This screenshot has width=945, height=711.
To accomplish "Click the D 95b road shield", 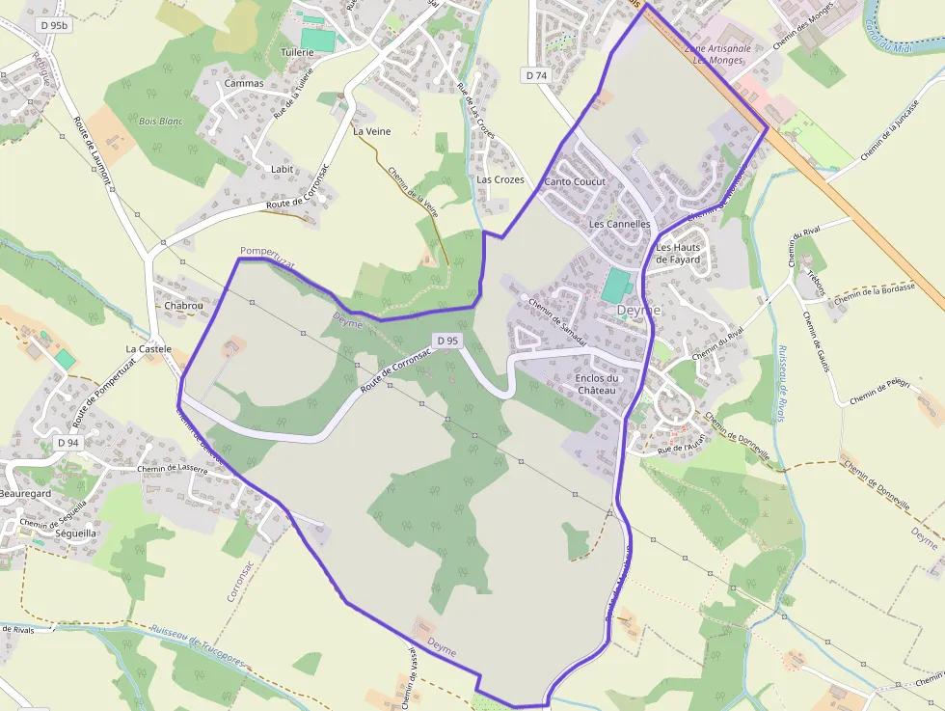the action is (53, 25).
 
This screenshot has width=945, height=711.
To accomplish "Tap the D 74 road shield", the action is (536, 74).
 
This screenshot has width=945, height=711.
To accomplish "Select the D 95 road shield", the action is (445, 341).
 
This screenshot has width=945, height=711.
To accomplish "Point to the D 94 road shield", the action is (67, 442).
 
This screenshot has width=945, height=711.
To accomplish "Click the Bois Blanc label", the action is (160, 122).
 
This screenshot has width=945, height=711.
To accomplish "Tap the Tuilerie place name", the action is (297, 52).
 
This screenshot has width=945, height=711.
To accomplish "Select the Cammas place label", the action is (243, 83).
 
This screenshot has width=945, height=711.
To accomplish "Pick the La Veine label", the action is (371, 131).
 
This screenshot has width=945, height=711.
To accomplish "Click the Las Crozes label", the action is (500, 179).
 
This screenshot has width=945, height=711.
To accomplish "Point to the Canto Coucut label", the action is (575, 181).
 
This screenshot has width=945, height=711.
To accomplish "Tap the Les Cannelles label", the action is (620, 224).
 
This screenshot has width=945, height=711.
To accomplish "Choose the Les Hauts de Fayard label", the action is (678, 253).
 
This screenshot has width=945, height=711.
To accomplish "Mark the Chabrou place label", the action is (184, 306).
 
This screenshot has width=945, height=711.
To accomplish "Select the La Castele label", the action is (148, 348).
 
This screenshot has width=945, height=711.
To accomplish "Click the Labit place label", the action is (282, 169).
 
